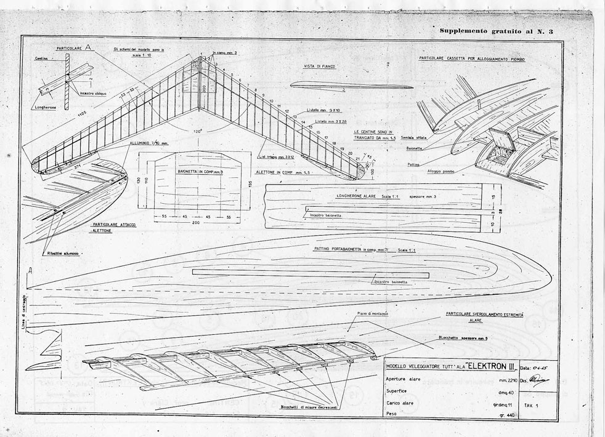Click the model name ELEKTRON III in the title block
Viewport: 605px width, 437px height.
490,366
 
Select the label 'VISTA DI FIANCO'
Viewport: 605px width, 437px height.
320,66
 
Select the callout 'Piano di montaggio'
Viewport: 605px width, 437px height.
373,314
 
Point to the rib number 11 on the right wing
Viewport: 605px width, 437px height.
278,105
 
